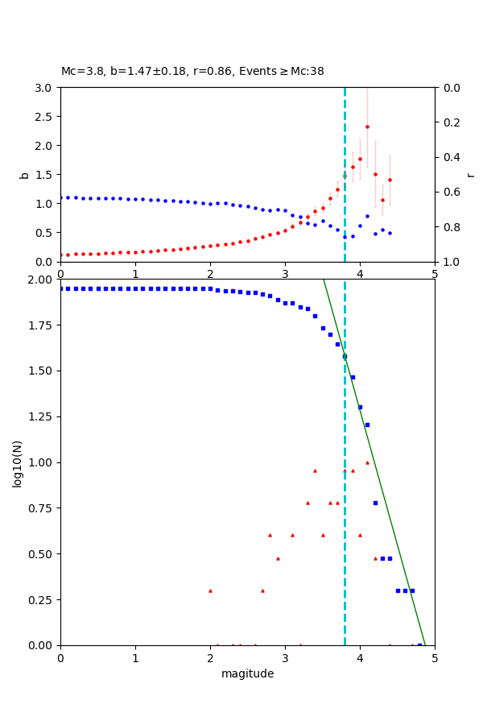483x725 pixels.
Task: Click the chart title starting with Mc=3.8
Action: click(192, 72)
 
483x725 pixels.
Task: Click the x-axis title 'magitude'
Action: click(247, 674)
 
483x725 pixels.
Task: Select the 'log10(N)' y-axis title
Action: click(18, 462)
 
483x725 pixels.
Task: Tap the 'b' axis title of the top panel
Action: click(24, 175)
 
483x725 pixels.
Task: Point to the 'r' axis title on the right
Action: click(471, 175)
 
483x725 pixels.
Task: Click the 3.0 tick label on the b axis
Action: click(45, 88)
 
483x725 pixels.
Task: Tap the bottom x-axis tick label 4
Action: click(360, 658)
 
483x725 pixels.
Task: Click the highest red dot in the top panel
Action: click(367, 126)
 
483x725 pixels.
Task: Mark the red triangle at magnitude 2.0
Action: click(210, 590)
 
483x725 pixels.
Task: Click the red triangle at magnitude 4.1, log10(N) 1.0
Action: click(367, 462)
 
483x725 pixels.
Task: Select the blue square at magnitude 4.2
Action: click(375, 503)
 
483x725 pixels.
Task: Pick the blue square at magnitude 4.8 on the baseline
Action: click(419, 644)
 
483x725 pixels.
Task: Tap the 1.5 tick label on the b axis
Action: click(45, 175)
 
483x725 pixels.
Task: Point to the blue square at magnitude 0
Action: click(61, 288)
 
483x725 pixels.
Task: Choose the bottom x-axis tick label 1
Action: click(135, 658)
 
